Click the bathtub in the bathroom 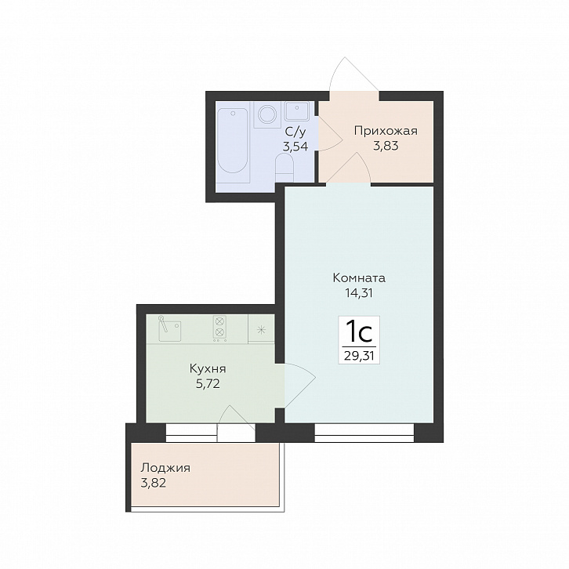click(x=233, y=142)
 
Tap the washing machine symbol click(x=267, y=114)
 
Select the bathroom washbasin click(x=297, y=111)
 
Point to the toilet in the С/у click(x=284, y=167)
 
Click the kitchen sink click(x=170, y=328)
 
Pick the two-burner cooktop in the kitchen click(x=219, y=328)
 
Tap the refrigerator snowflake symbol click(x=260, y=330)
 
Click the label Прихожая click(x=386, y=131)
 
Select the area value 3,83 click(x=386, y=146)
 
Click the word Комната click(x=359, y=278)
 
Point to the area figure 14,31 click(x=359, y=293)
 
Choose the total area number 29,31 click(x=359, y=356)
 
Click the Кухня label click(x=208, y=369)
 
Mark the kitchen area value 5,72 click(x=208, y=384)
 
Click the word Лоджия click(x=165, y=468)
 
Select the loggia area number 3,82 click(x=154, y=483)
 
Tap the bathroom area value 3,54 click(x=295, y=147)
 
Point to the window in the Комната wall click(x=364, y=433)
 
